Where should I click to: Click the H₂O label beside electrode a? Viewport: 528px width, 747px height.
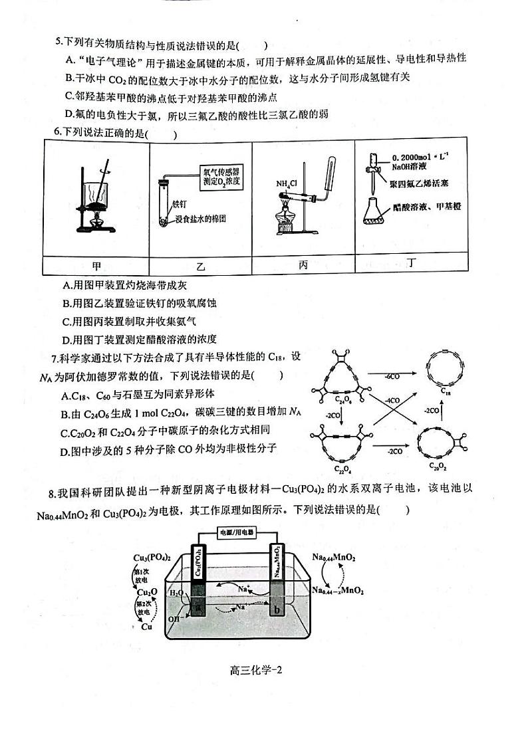pyautogui.click(x=176, y=592)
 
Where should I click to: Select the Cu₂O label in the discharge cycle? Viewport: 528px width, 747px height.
pyautogui.click(x=147, y=591)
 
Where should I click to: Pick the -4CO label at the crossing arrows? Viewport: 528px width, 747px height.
pyautogui.click(x=392, y=400)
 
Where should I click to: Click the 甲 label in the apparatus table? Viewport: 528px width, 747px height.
pyautogui.click(x=96, y=266)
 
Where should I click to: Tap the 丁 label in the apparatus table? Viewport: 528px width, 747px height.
pyautogui.click(x=413, y=264)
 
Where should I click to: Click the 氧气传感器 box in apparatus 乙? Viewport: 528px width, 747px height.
pyautogui.click(x=223, y=176)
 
